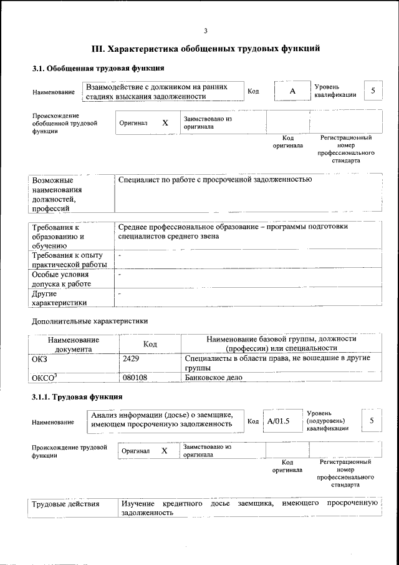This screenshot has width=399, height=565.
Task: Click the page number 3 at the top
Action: pyautogui.click(x=205, y=31)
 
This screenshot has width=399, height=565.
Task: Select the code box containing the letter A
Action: pyautogui.click(x=292, y=92)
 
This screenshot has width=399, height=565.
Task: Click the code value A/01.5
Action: pyautogui.click(x=279, y=421)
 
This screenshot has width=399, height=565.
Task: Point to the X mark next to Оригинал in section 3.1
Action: pyautogui.click(x=165, y=123)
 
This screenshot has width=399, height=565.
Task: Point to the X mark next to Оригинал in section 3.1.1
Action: pyautogui.click(x=165, y=450)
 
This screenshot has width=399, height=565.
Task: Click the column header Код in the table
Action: pyautogui.click(x=150, y=344)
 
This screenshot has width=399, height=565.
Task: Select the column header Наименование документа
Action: pyautogui.click(x=73, y=344)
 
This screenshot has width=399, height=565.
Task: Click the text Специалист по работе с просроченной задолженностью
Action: pyautogui.click(x=214, y=180)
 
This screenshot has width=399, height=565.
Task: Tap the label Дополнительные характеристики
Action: pyautogui.click(x=90, y=321)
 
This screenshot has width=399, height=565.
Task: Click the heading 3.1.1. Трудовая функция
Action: pyautogui.click(x=77, y=397)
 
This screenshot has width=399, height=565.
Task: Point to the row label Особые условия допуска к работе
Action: pyautogui.click(x=61, y=279)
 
